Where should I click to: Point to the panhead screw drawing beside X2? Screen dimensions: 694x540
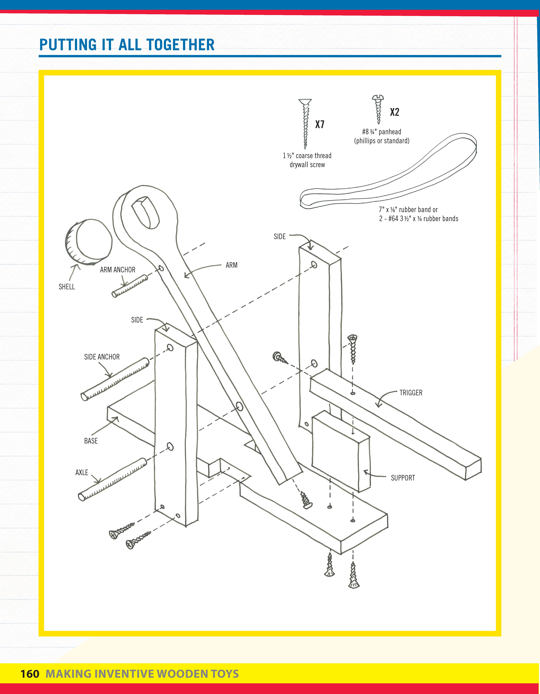[378, 109]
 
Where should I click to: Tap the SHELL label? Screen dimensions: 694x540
[67, 287]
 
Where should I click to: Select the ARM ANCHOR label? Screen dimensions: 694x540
[118, 270]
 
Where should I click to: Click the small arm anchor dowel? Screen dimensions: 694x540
[130, 286]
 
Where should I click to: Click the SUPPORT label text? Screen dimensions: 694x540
[403, 478]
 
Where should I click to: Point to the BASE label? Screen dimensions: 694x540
[91, 441]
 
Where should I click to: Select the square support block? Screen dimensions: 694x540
[340, 451]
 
